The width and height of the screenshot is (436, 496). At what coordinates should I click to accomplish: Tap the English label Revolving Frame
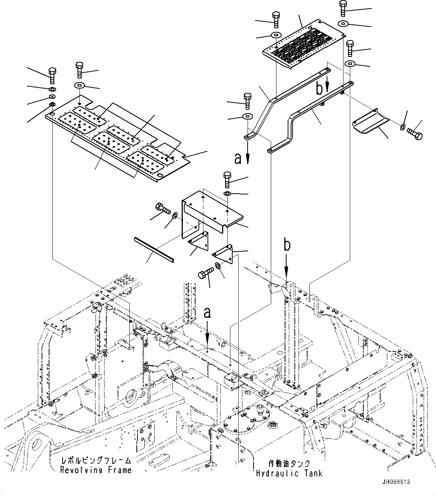click(96, 470)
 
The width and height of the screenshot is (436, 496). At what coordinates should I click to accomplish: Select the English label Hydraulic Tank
click(289, 474)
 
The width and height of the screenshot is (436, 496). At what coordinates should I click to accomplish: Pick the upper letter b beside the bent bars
click(320, 89)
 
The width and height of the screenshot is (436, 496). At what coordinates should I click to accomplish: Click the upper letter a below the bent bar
click(238, 159)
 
